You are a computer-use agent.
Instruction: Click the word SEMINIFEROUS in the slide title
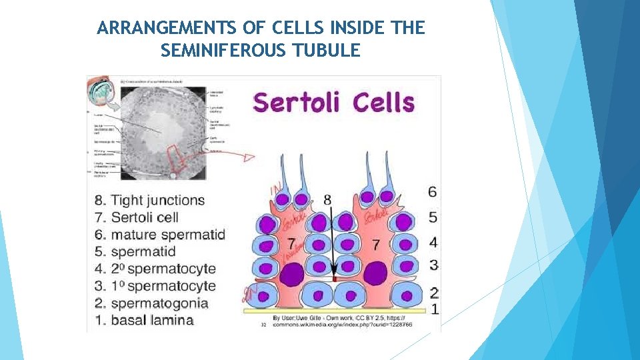coord(223,50)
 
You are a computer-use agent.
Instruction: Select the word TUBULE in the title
coord(327,50)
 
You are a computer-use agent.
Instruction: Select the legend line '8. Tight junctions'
coord(158,200)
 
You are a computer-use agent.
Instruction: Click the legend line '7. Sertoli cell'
coord(145,217)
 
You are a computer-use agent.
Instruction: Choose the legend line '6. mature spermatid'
coord(168,234)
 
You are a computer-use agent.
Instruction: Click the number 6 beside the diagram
coord(433,192)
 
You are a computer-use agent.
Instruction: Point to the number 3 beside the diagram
coord(433,265)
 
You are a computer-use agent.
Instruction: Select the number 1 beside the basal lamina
coord(434,309)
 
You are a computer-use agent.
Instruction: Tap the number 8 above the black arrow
coord(327,199)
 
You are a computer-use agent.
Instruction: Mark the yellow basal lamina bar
coord(334,311)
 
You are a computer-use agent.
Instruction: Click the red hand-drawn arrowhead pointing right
coord(248,158)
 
